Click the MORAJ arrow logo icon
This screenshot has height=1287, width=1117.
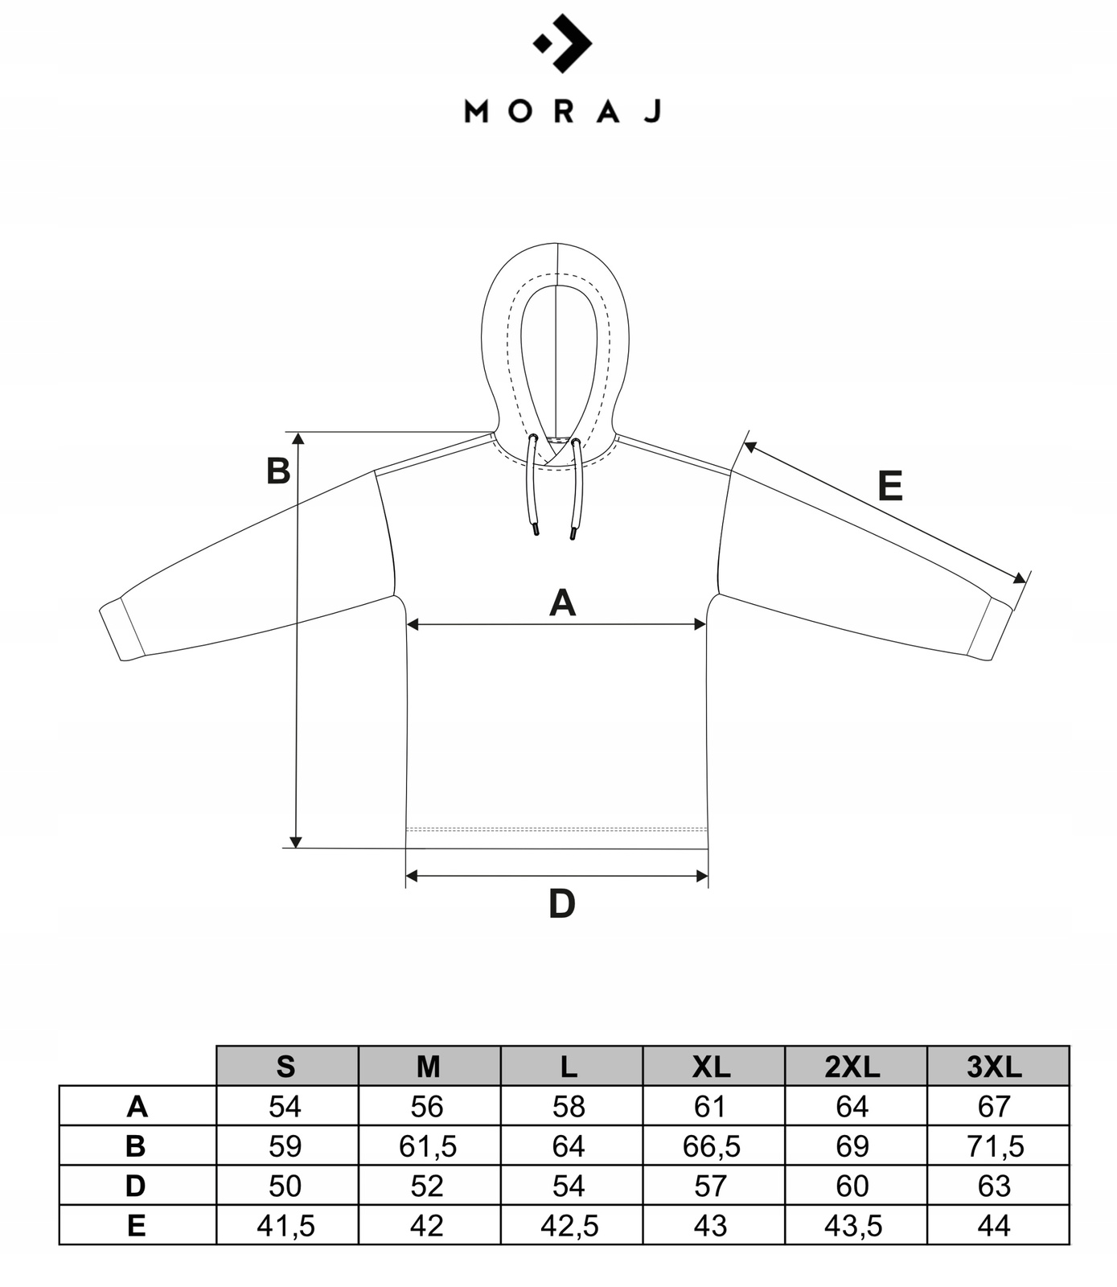[x=562, y=43]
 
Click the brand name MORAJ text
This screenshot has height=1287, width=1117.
[x=562, y=111]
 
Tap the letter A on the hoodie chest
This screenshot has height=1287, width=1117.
[x=562, y=603]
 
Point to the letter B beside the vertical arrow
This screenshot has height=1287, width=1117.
[x=278, y=471]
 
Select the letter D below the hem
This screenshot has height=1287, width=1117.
[x=561, y=905]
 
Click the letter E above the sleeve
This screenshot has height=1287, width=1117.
[x=889, y=487]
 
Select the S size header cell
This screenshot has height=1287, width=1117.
[x=286, y=1067]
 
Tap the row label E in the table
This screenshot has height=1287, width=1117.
[x=137, y=1226]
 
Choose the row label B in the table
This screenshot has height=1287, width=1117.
[x=137, y=1146]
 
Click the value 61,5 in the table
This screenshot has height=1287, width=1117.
[x=428, y=1146]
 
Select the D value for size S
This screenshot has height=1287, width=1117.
[x=285, y=1186]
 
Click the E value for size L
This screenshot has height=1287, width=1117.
[x=570, y=1226]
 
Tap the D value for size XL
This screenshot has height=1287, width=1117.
[x=712, y=1186]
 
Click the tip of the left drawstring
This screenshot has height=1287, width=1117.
[x=534, y=530]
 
